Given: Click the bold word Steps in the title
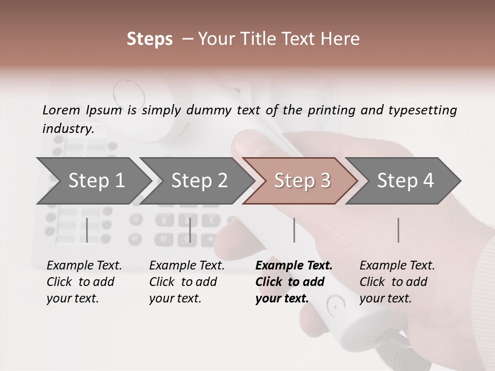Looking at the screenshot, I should pos(150,39).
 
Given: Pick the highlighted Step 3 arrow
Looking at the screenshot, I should pos(302,180).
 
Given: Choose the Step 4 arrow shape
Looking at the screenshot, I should pos(405,180).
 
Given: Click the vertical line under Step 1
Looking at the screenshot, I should pos(87,230).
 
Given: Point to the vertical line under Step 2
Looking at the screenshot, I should pos(190,230).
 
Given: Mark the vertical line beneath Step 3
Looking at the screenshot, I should pos(294,230).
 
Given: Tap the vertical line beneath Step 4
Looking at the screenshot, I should pos(398,230).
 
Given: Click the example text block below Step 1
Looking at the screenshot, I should pos(84,282).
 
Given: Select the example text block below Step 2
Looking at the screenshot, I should pos(187,282).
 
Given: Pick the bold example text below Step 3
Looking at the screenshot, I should pos(294,282).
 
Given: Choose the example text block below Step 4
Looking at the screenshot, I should pos(397,282).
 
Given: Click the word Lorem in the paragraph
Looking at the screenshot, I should pos(61,110).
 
